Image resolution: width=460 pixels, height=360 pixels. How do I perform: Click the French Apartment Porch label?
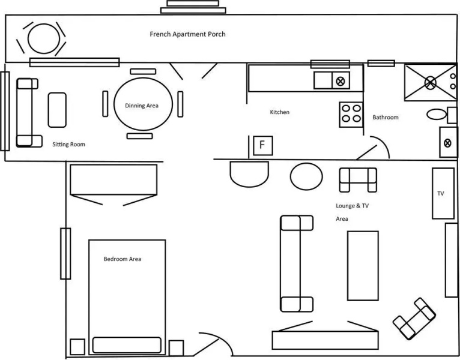[x=187, y=34]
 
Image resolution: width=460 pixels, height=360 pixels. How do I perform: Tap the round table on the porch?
[x=44, y=38]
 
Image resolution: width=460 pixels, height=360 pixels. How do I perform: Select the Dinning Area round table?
[x=143, y=104]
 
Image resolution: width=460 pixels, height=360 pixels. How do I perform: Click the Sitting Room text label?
[x=68, y=144]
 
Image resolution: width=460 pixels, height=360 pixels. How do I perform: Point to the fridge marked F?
[x=263, y=145]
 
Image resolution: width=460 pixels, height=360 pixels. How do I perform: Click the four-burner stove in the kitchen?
[x=351, y=115]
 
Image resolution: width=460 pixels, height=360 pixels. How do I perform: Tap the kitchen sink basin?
[x=322, y=80]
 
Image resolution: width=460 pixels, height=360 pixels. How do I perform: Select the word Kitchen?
[x=280, y=112]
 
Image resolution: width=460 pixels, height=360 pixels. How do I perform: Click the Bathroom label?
[x=386, y=117]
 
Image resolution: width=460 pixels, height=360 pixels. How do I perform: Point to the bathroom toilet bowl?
[x=437, y=115]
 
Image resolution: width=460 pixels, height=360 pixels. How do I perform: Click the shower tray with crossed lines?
[x=431, y=83]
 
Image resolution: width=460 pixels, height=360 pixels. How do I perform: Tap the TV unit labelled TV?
[x=443, y=193]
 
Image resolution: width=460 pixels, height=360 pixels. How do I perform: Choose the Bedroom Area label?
[x=123, y=259]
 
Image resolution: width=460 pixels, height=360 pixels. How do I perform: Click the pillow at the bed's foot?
[x=127, y=345]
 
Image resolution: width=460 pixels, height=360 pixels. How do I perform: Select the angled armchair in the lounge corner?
[x=414, y=319]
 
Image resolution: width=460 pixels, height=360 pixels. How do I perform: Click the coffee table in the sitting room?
[x=57, y=110]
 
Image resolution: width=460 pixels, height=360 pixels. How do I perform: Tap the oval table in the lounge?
[x=306, y=176]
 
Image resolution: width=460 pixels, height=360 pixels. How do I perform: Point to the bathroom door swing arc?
[x=382, y=144]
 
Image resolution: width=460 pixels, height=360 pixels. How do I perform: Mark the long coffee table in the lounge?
[x=363, y=266]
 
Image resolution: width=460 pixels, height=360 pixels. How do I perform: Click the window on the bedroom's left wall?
[x=65, y=254]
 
